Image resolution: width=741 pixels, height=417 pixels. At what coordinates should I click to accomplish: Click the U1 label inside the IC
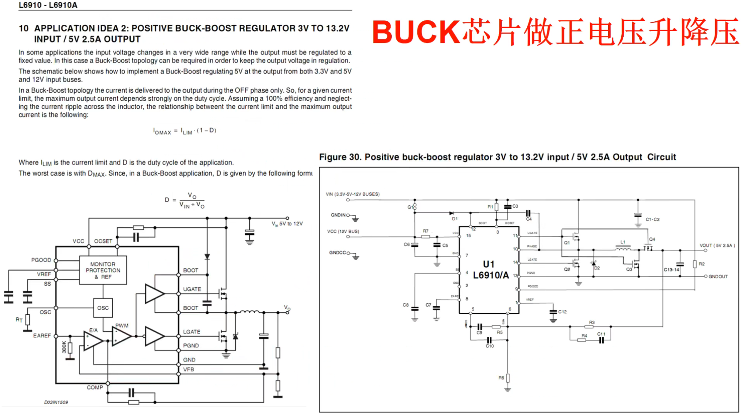click(489, 264)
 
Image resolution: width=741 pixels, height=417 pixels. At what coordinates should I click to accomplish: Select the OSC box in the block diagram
click(103, 308)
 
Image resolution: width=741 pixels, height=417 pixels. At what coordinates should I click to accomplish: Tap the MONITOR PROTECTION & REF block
click(103, 270)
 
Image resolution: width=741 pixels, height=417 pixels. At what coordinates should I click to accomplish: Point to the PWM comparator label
click(122, 325)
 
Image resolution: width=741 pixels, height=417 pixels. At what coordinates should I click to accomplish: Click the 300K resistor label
click(64, 347)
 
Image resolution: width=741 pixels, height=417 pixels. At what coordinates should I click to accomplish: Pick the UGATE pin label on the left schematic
click(192, 289)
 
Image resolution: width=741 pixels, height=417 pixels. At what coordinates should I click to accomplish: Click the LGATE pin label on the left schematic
click(191, 332)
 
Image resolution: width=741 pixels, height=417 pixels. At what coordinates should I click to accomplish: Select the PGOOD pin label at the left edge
click(41, 260)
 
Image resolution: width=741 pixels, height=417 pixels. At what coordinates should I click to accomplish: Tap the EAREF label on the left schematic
click(42, 336)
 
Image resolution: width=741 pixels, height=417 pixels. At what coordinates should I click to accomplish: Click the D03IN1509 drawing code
click(56, 402)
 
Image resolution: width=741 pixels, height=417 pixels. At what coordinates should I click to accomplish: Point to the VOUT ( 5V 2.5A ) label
click(717, 246)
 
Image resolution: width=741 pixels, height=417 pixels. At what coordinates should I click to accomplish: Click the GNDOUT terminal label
click(718, 276)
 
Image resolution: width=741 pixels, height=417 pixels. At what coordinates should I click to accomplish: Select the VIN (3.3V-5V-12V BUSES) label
click(352, 194)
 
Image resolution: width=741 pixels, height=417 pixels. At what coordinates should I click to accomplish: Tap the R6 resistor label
click(501, 378)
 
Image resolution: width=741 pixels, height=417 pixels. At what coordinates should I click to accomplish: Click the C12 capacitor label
click(562, 312)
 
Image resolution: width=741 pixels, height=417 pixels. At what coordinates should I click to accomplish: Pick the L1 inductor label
click(623, 242)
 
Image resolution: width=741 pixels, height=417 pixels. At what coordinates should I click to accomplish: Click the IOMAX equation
click(184, 131)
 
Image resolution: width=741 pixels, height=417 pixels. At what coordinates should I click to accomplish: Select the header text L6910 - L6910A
click(48, 5)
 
